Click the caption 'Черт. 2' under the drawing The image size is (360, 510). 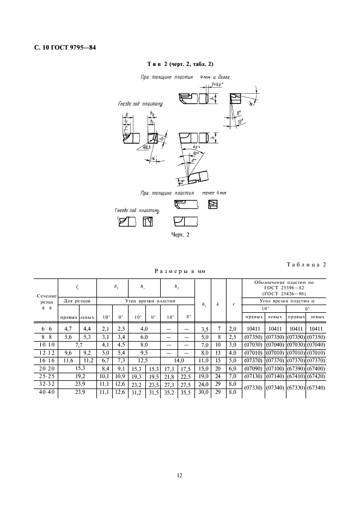(181, 235)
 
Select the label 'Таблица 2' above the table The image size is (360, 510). (306, 265)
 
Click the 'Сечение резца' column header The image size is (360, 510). (47, 301)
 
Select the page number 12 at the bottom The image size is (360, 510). (180, 476)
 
